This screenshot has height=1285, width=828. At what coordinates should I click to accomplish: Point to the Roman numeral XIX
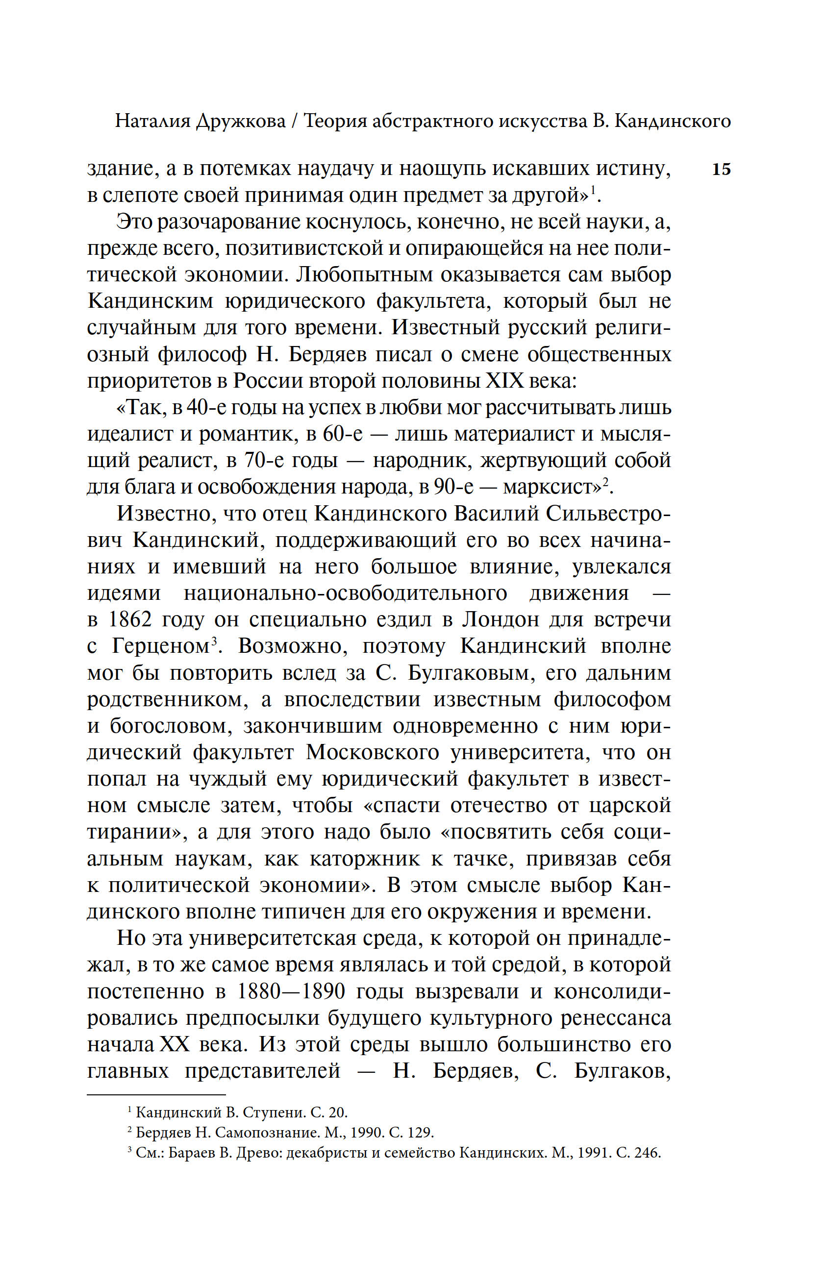[504, 381]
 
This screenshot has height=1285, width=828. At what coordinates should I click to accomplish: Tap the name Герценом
[160, 646]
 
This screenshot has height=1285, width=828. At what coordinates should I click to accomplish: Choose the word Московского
[373, 752]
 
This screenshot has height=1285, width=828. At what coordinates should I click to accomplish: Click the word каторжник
[365, 859]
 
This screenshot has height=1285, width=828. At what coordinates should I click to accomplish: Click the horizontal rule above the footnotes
[156, 1095]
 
